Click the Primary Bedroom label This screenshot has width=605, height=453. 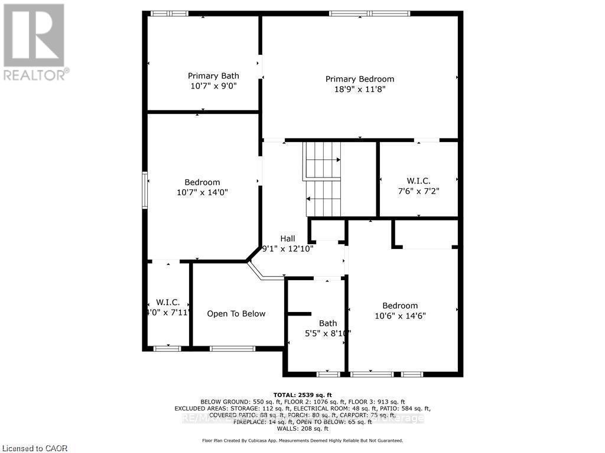pos(359,79)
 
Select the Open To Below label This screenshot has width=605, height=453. pos(236,314)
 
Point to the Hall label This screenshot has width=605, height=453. pos(288,238)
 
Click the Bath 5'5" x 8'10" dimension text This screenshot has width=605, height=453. pos(327,333)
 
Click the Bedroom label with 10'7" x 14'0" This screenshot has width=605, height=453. pos(202,182)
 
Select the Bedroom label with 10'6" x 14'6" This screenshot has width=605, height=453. pos(400,306)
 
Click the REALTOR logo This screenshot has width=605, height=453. pos(34,42)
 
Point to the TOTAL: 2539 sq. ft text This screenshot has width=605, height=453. pos(302,395)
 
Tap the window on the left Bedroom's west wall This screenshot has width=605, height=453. pos(145,190)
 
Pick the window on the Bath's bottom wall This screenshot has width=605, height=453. pos(328,374)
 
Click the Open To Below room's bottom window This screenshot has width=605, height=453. pos(225,349)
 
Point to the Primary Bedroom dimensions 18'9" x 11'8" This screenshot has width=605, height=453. pos(359,90)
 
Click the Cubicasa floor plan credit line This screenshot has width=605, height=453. pos(302,441)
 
